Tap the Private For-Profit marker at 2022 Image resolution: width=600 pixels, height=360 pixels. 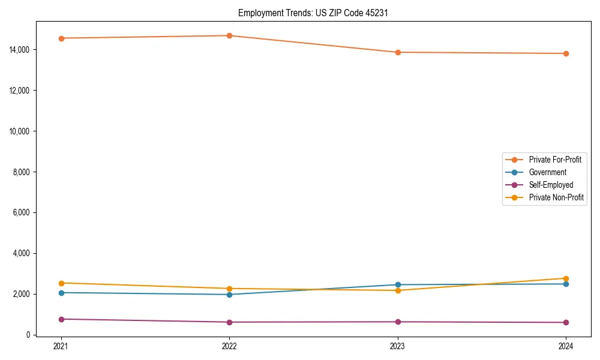coord(229,35)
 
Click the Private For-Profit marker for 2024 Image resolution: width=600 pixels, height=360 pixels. coord(566,53)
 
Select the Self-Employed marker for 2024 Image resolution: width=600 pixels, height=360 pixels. coord(566,322)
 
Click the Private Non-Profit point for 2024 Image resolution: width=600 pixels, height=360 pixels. coord(566,278)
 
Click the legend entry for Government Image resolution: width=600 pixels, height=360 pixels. coord(547,172)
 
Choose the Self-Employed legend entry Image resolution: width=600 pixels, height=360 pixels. coord(551,185)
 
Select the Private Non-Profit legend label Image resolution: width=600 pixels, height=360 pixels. coord(556,197)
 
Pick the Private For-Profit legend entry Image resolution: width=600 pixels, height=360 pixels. coord(555,160)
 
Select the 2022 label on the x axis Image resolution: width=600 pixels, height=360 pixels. coord(229,346)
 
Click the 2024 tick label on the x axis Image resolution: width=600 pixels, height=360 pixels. coord(566,346)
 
